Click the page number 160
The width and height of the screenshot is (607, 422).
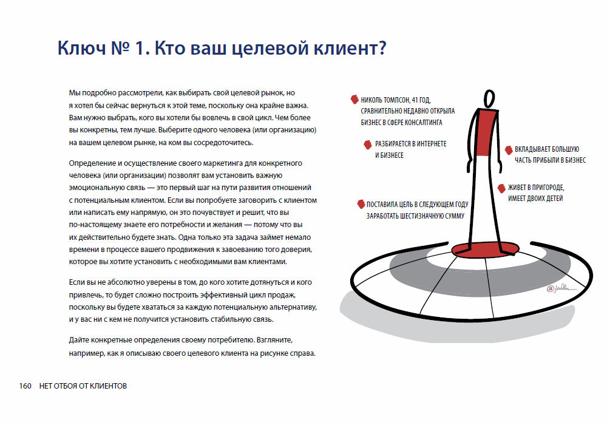[x=25, y=386]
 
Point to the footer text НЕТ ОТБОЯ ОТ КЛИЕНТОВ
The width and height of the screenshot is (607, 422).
[x=83, y=386]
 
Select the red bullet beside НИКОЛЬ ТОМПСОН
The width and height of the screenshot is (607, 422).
[x=353, y=99]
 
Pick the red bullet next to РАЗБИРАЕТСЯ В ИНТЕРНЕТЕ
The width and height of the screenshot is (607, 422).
[x=368, y=144]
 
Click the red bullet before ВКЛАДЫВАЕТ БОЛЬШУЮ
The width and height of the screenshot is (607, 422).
[x=509, y=150]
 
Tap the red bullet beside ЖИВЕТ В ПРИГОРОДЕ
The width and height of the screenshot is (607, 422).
[x=502, y=188]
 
